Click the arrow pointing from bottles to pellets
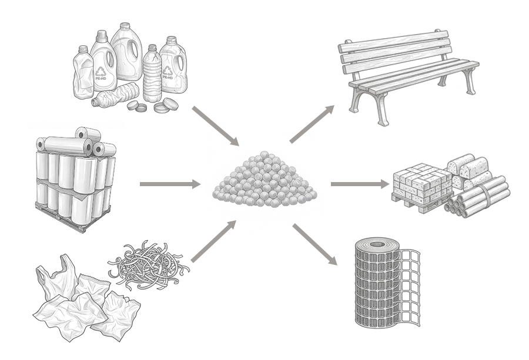215,126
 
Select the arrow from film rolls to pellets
169,184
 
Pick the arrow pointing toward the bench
312,125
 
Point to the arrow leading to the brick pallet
359,184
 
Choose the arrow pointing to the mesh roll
314,244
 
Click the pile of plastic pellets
264,180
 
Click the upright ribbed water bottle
152,73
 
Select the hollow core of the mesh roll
377,244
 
